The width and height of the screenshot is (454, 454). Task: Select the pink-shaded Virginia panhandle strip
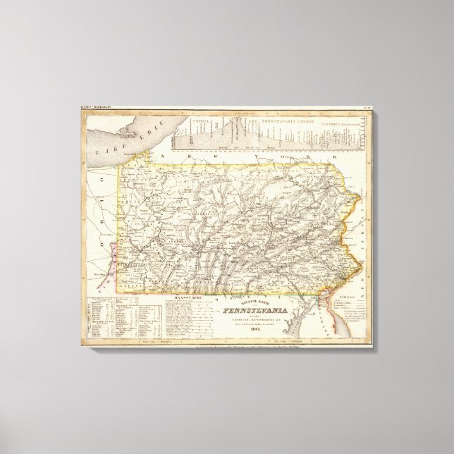click(x=109, y=251)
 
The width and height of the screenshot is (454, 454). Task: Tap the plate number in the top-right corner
click(x=367, y=110)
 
